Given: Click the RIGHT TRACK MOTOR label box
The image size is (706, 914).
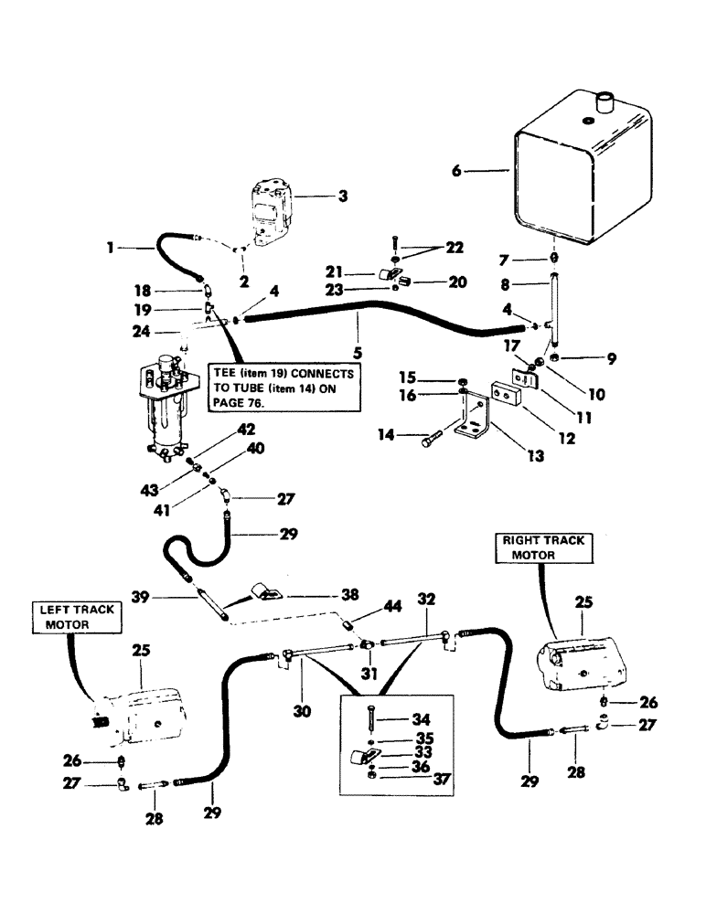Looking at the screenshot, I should (541, 547).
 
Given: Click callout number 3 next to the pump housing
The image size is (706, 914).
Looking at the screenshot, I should (317, 195).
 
